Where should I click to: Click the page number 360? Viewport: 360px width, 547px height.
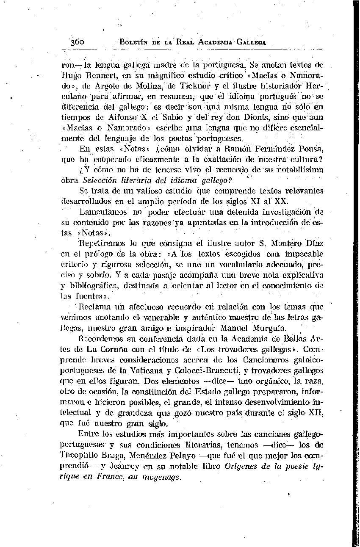pos(78,42)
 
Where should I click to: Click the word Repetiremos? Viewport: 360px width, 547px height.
pos(102,243)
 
